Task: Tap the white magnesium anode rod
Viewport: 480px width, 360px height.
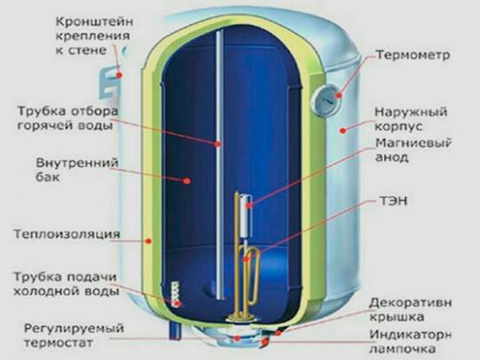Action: click(246, 217)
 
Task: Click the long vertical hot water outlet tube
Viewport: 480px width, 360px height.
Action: click(218, 144)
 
